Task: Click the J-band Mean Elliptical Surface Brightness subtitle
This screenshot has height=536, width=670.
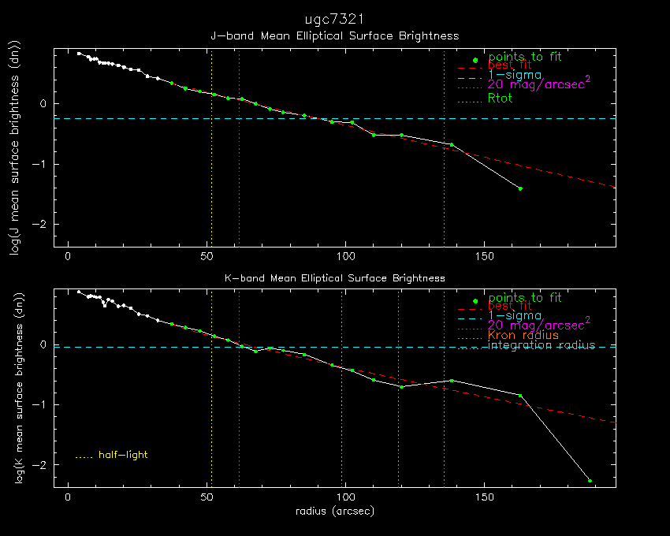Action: pyautogui.click(x=334, y=36)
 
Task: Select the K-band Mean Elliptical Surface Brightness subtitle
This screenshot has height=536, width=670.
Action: pyautogui.click(x=334, y=278)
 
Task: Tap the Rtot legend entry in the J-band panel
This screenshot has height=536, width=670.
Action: pyautogui.click(x=500, y=99)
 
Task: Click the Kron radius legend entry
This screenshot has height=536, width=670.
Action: pyautogui.click(x=523, y=335)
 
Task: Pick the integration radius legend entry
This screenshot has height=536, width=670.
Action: pyautogui.click(x=542, y=346)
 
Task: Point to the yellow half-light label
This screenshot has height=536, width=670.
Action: pyautogui.click(x=123, y=455)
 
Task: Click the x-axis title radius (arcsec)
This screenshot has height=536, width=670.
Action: pyautogui.click(x=334, y=512)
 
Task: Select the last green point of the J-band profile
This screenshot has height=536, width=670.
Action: pyautogui.click(x=520, y=188)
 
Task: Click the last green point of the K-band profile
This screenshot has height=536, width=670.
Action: pyautogui.click(x=590, y=481)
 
